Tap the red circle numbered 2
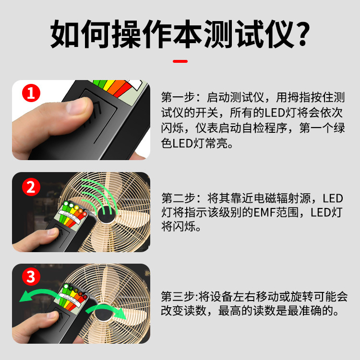coord(30,186)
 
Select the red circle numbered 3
coord(30,277)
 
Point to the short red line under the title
coord(180,61)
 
